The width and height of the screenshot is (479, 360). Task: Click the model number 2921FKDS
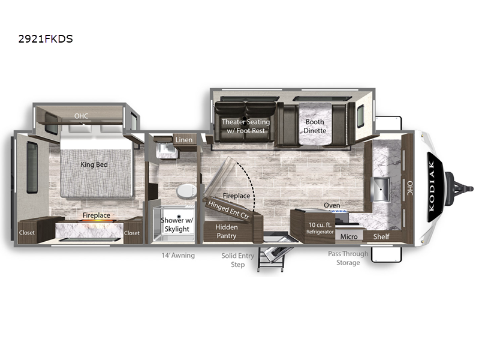(46, 39)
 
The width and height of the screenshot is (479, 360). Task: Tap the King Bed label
(94, 164)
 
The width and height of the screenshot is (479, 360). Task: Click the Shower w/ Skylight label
(177, 224)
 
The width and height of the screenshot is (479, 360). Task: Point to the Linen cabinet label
(184, 140)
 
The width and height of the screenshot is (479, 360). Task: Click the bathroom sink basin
(166, 150)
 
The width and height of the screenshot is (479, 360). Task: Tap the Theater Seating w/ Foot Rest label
(246, 126)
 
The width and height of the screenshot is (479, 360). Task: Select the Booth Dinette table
(315, 124)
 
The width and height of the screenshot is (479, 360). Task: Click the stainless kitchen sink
(381, 190)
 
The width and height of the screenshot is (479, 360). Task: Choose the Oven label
(332, 205)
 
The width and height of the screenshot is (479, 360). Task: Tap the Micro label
(349, 236)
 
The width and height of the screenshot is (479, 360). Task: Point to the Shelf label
(381, 236)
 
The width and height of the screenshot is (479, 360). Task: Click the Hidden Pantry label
(227, 231)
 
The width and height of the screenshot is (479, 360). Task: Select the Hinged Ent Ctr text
(228, 209)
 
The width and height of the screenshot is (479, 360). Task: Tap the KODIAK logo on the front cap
(434, 187)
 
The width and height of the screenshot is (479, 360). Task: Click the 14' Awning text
(178, 256)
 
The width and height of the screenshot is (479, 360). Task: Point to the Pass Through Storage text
(348, 258)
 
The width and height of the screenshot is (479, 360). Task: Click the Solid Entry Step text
(237, 260)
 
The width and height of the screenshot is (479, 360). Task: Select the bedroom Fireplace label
(97, 215)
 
